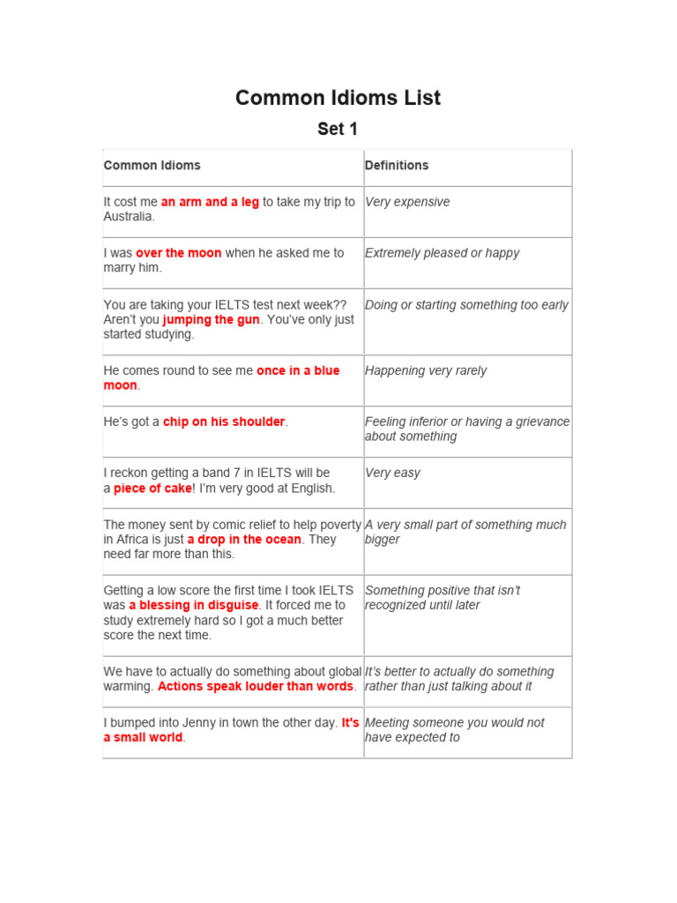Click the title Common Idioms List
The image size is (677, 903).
(x=338, y=98)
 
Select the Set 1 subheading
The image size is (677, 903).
(x=338, y=129)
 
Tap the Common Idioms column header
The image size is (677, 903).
(x=152, y=166)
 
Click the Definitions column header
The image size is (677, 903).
(x=397, y=166)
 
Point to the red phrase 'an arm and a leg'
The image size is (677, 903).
(x=210, y=202)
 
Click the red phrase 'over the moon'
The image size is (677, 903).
(x=179, y=253)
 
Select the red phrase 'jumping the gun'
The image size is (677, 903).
(x=212, y=319)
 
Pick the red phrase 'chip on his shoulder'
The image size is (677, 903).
(x=224, y=422)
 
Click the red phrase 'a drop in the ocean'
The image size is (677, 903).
(x=244, y=539)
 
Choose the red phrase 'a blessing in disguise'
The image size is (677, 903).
(x=194, y=605)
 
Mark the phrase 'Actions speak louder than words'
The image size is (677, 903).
(x=256, y=686)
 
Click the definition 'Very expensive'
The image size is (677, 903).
(x=407, y=202)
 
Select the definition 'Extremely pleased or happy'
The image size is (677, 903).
(x=443, y=253)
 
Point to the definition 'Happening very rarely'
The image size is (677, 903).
(x=426, y=370)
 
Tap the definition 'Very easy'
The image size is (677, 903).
(x=392, y=473)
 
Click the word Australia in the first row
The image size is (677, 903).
(x=129, y=217)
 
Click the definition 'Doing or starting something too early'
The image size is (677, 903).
(x=466, y=304)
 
